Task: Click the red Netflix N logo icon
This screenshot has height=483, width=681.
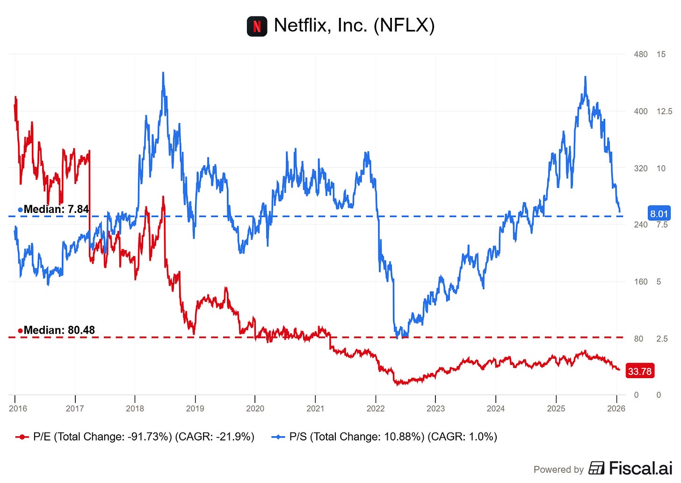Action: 257,26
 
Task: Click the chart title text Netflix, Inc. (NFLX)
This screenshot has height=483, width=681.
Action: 354,25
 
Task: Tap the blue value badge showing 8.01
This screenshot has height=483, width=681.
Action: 659,214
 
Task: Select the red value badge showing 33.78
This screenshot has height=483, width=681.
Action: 639,371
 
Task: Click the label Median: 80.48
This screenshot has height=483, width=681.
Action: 58,330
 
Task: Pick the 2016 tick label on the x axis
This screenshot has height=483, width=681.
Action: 18,408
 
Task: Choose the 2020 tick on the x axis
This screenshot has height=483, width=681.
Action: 255,408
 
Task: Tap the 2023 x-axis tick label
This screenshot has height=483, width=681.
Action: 435,408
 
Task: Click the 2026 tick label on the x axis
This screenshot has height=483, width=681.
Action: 616,408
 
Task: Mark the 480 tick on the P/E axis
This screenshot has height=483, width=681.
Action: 640,54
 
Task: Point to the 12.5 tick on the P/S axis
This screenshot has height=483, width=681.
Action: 664,111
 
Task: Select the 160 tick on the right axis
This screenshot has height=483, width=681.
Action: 640,282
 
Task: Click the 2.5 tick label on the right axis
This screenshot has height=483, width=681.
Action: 662,339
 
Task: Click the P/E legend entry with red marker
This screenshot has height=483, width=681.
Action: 135,437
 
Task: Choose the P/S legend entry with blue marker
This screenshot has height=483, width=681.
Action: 384,437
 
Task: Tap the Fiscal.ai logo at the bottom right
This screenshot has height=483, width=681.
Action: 630,468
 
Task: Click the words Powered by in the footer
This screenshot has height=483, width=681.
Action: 558,469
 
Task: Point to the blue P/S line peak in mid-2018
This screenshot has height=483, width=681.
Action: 163,73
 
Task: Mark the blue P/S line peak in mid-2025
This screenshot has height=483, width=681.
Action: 585,77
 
